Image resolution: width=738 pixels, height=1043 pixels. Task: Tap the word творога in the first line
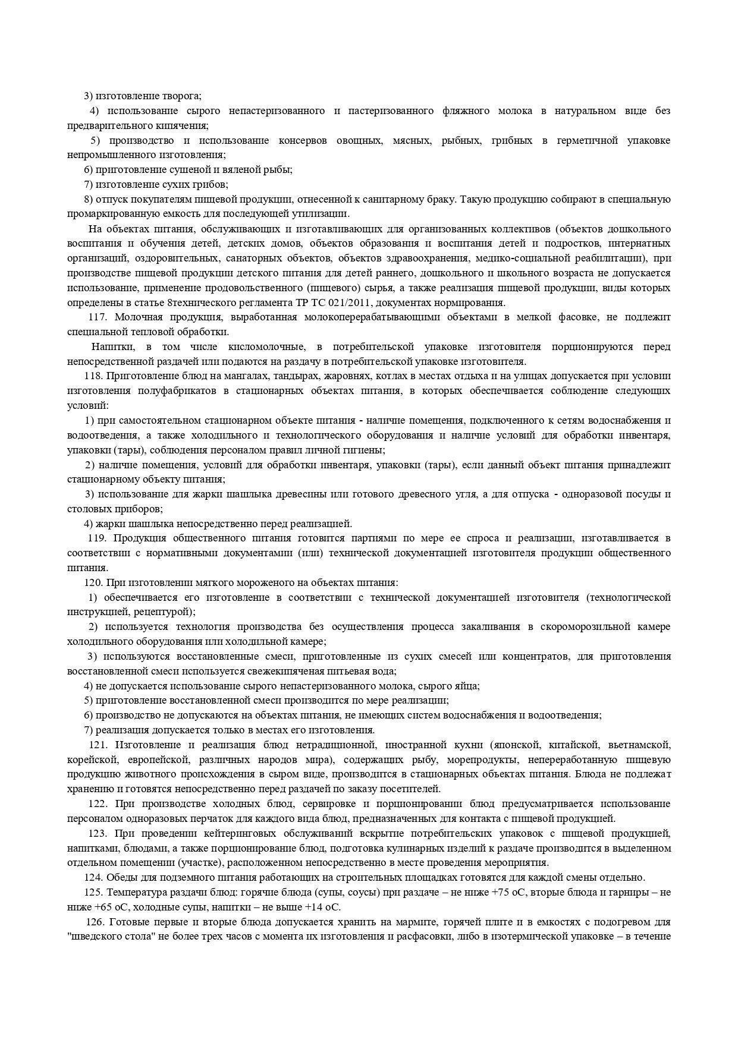(181, 96)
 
